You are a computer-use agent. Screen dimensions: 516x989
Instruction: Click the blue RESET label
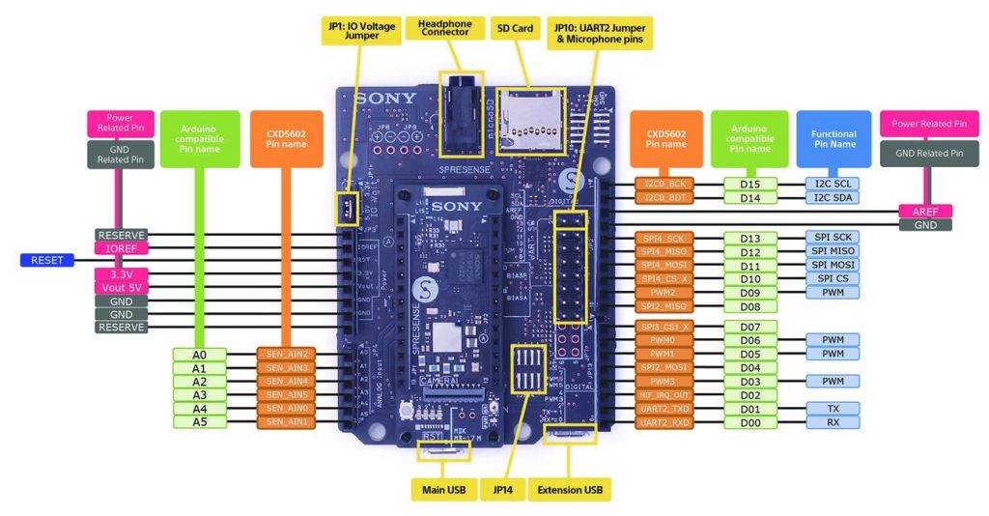click(x=46, y=260)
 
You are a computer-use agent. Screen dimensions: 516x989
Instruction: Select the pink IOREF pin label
click(x=121, y=248)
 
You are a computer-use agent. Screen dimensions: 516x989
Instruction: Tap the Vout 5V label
click(x=121, y=288)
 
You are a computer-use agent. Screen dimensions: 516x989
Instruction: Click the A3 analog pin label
click(x=199, y=395)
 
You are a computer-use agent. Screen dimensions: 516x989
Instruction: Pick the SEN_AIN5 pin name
click(x=286, y=395)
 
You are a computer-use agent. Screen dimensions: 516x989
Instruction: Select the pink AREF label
click(x=925, y=211)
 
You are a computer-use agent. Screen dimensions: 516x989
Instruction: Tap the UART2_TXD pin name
click(x=664, y=409)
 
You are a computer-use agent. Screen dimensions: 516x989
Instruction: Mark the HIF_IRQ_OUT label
click(x=664, y=395)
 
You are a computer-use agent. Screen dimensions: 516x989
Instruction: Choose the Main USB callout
click(x=444, y=490)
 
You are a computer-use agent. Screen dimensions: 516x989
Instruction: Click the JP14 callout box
click(x=508, y=490)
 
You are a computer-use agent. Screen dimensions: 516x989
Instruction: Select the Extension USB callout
click(x=573, y=490)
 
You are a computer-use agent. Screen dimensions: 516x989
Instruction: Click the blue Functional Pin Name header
click(x=834, y=138)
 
